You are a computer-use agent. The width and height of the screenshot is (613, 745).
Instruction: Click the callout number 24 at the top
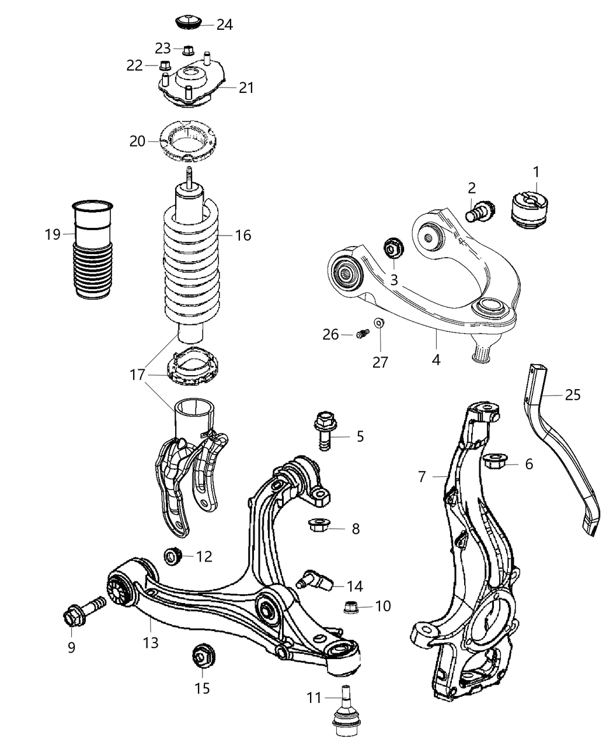click(224, 25)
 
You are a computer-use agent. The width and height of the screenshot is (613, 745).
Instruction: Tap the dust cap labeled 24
click(189, 23)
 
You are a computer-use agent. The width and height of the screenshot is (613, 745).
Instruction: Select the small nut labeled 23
click(188, 48)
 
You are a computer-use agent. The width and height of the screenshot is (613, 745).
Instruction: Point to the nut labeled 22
click(165, 65)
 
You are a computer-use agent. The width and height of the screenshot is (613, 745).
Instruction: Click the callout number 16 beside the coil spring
click(243, 235)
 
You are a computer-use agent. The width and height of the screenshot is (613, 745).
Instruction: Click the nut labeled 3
click(393, 249)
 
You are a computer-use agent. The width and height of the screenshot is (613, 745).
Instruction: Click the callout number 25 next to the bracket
click(572, 395)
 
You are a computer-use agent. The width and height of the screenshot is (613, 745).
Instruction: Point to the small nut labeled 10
click(353, 607)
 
